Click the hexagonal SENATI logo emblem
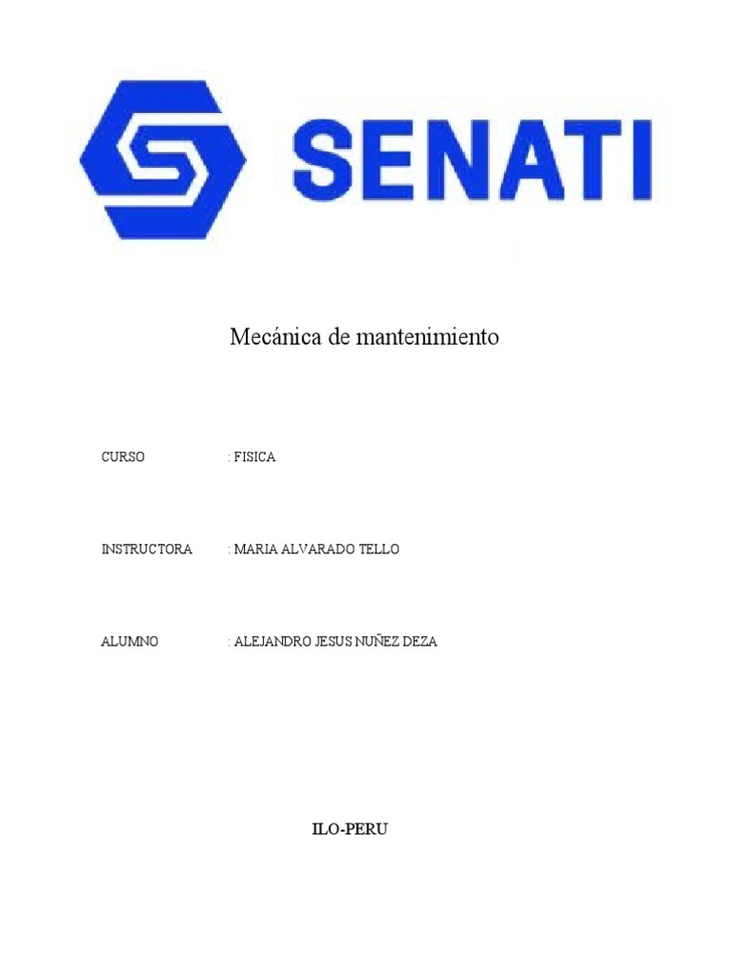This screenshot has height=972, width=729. [x=163, y=159]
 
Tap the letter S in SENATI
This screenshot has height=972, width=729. [x=327, y=157]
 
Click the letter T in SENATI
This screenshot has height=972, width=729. [x=588, y=157]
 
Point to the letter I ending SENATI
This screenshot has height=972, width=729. [x=640, y=157]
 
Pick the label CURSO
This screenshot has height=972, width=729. [x=123, y=457]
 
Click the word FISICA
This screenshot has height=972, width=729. [x=254, y=457]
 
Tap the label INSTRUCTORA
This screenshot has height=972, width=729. [x=147, y=550]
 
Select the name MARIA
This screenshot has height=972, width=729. [x=254, y=550]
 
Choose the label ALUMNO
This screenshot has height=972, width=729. [x=130, y=642]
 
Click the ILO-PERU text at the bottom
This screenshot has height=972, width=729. [x=350, y=830]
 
